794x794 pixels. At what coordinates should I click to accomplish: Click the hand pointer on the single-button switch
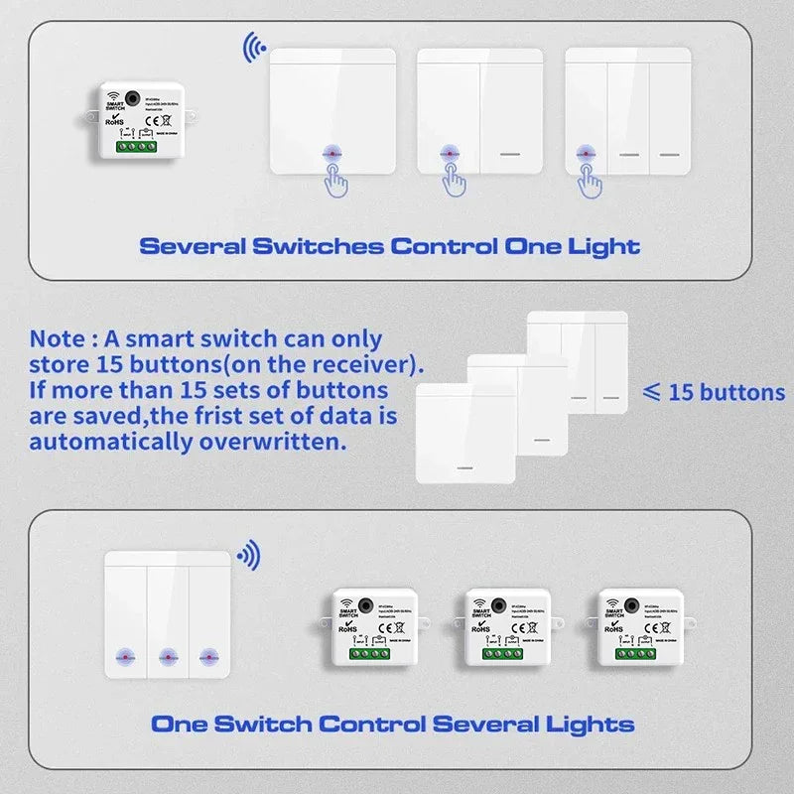(x=335, y=176)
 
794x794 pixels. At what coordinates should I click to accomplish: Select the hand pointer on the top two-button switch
(x=457, y=176)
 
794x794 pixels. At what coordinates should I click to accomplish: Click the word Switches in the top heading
(x=325, y=246)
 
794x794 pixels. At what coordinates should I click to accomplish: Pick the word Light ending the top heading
(x=604, y=246)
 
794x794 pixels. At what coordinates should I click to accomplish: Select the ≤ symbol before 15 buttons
(x=652, y=391)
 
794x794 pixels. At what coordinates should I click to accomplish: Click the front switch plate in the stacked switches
(x=464, y=434)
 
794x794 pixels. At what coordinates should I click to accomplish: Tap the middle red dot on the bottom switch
(x=167, y=656)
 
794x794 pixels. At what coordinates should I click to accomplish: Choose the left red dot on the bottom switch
(x=125, y=656)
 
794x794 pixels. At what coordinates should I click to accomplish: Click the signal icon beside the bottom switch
(x=248, y=556)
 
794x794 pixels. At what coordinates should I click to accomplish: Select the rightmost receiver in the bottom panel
(x=630, y=625)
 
